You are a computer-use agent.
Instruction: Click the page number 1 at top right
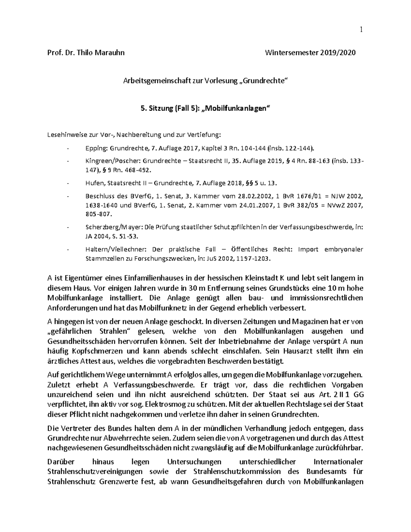click(361, 30)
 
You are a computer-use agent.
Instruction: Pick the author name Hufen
click(94, 183)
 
